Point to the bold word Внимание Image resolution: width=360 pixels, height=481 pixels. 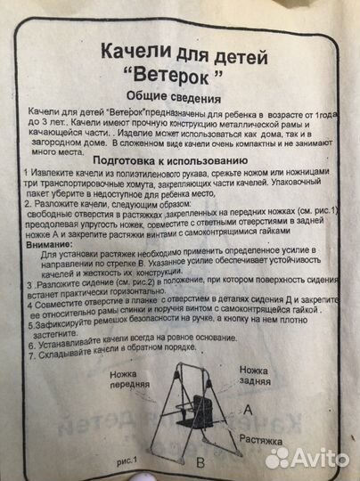pyautogui.click(x=53, y=246)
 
